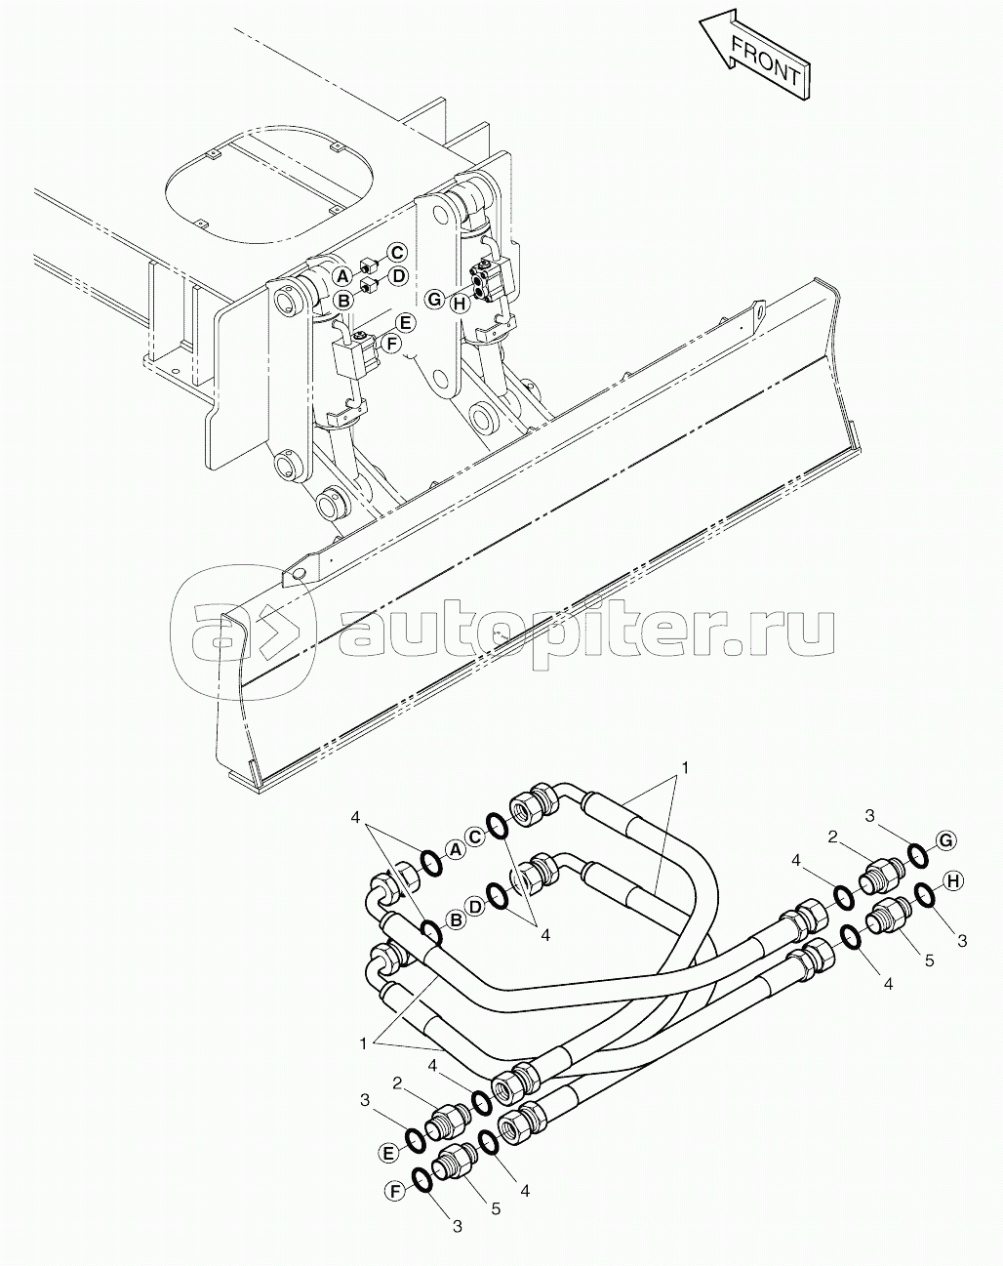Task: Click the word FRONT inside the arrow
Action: click(x=765, y=62)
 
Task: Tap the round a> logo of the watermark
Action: click(x=244, y=632)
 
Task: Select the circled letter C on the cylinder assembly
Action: click(x=396, y=253)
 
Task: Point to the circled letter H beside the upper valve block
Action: click(x=460, y=305)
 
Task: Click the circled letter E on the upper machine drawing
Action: click(x=405, y=323)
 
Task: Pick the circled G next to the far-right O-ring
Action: click(x=945, y=840)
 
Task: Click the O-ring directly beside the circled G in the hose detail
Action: click(x=918, y=855)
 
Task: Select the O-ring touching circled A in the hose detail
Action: click(x=432, y=863)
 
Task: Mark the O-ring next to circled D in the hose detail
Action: click(x=498, y=897)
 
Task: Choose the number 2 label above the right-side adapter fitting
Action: click(x=832, y=837)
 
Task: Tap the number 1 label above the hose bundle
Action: click(x=684, y=768)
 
